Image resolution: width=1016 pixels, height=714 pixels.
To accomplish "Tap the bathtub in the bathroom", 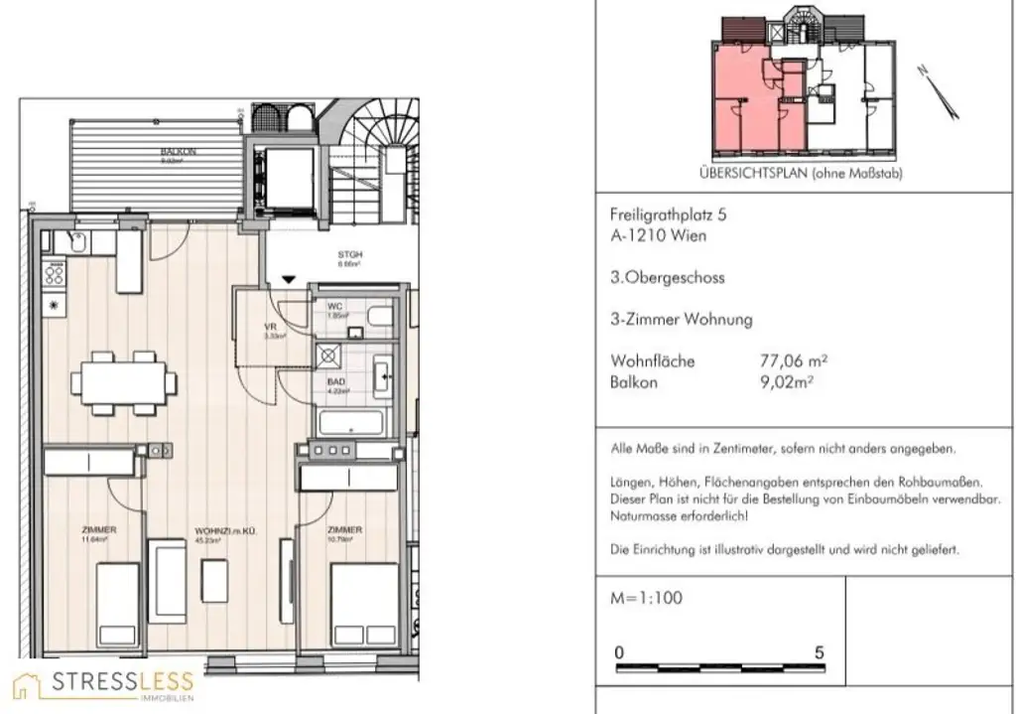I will click(x=357, y=421).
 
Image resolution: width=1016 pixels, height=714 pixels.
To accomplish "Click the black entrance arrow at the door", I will click(x=288, y=280).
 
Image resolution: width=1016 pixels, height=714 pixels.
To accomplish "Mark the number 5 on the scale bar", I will click(x=819, y=653).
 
